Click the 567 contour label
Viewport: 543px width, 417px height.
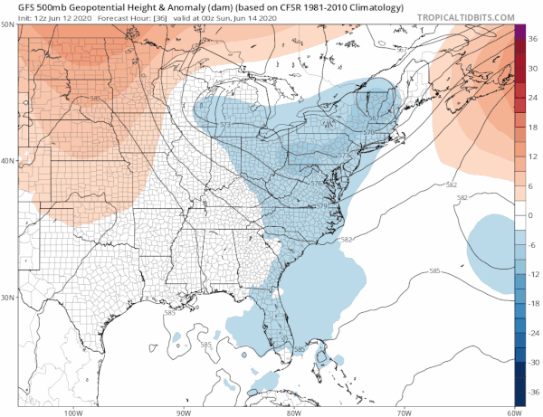pos(375,117)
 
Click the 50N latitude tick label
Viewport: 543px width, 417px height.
pos(8,24)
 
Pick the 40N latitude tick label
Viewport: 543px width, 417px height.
pos(8,161)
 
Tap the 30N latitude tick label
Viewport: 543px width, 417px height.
pos(8,297)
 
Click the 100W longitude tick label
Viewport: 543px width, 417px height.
pos(72,412)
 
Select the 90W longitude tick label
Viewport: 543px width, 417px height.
pos(184,412)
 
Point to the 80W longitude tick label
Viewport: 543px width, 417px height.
pos(293,412)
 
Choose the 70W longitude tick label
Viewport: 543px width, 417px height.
pos(403,412)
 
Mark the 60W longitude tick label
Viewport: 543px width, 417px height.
pos(512,412)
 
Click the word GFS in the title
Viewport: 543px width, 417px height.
pos(15,6)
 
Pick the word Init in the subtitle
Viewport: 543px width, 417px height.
pos(14,17)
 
